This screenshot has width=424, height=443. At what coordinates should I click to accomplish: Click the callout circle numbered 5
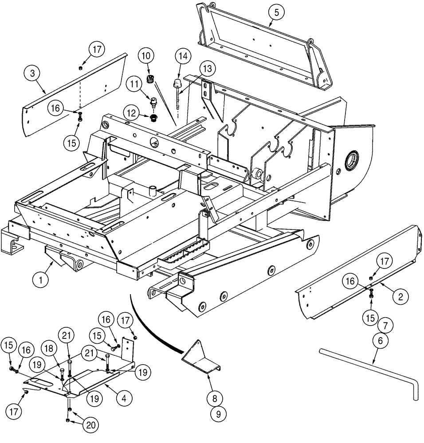point(276,12)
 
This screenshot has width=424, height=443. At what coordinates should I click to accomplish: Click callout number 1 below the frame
point(41,280)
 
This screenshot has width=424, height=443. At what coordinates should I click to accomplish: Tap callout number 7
point(385,326)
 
